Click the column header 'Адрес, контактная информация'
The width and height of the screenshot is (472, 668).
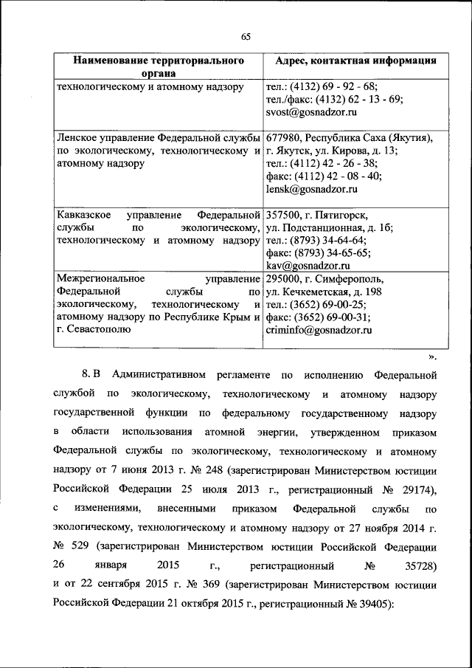pyautogui.click(x=350, y=61)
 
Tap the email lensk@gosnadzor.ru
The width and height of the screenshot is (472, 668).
pyautogui.click(x=310, y=189)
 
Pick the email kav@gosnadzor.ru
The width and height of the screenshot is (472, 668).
pyautogui.click(x=307, y=265)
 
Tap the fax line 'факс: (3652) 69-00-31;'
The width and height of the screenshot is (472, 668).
pyautogui.click(x=318, y=317)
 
